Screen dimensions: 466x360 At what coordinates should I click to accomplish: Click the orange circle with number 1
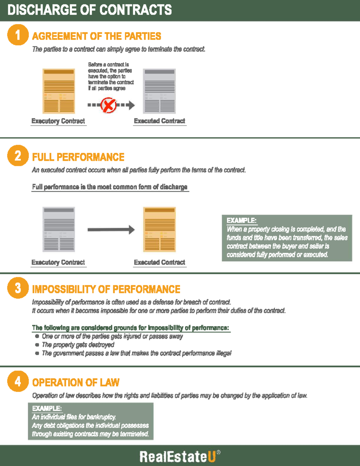tap(18, 35)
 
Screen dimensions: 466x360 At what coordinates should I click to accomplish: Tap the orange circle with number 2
tap(18, 155)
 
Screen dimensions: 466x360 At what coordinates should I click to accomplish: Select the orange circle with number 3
tap(18, 288)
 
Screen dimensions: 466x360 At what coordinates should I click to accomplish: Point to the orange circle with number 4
tap(18, 381)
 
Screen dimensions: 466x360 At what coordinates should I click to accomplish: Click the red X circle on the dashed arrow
tap(108, 105)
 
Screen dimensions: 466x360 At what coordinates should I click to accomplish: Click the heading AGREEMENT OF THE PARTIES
tap(96, 36)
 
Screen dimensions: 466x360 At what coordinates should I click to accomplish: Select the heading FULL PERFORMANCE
tap(78, 157)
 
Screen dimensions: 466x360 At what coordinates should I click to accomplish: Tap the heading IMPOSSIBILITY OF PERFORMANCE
tap(106, 289)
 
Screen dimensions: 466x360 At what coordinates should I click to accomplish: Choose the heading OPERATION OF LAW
tap(76, 383)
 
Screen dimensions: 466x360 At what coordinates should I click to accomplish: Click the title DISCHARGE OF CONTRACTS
tap(89, 10)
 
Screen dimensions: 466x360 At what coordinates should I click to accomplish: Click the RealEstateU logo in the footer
tap(179, 456)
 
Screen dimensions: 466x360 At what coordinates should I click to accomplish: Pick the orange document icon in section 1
tap(58, 91)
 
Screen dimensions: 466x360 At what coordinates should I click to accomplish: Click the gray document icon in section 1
tap(159, 91)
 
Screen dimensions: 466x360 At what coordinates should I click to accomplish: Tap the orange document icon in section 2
tap(159, 230)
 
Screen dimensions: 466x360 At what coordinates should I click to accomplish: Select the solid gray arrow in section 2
tap(111, 230)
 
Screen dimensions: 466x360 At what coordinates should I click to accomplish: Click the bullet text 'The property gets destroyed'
tap(78, 345)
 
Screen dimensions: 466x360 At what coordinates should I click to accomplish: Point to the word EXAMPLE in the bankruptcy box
tap(47, 408)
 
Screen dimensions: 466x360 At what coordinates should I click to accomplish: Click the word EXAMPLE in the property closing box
tap(241, 221)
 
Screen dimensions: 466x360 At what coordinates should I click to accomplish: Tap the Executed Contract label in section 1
tap(160, 121)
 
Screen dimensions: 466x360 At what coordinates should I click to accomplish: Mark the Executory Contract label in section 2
tap(58, 262)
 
